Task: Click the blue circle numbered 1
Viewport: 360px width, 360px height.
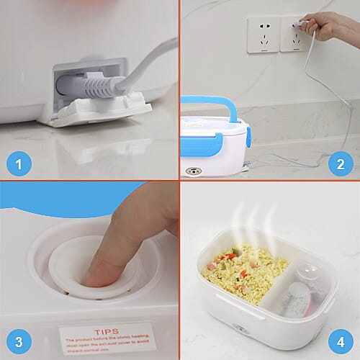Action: (19, 164)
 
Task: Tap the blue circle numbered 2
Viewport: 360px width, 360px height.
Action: (340, 164)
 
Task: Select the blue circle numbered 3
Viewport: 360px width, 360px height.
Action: (19, 341)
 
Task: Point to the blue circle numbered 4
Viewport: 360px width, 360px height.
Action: (340, 341)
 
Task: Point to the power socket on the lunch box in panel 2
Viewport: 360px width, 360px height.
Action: (194, 171)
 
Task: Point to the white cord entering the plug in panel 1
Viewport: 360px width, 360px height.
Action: (144, 68)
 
